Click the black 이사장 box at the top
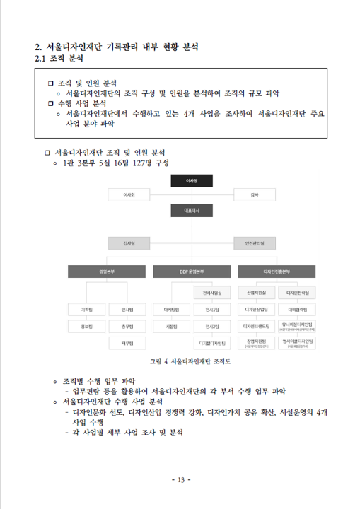pyautogui.click(x=191, y=181)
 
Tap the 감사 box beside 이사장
pyautogui.click(x=254, y=193)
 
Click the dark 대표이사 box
pyautogui.click(x=191, y=210)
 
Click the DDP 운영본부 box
pyautogui.click(x=191, y=271)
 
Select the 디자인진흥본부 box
pyautogui.click(x=277, y=271)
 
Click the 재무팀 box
pyautogui.click(x=128, y=343)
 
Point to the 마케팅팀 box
pyautogui.click(x=171, y=309)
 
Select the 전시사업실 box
pyautogui.click(x=212, y=291)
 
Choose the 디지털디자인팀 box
pyautogui.click(x=212, y=343)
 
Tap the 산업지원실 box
pyautogui.click(x=256, y=291)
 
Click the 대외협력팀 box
pyautogui.click(x=298, y=309)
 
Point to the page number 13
pyautogui.click(x=180, y=481)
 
